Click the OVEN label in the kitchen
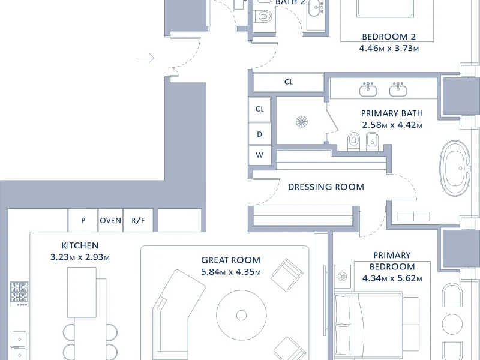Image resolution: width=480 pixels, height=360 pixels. tap(110, 220)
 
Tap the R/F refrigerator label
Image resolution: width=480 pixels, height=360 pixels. tap(138, 220)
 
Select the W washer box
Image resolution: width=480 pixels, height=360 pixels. tap(260, 155)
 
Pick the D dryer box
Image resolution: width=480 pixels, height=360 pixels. tap(260, 134)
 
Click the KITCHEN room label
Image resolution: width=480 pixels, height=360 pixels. tap(80, 245)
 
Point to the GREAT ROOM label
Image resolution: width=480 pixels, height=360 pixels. tap(231, 260)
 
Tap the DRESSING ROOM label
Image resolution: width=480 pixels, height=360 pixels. tap(326, 187)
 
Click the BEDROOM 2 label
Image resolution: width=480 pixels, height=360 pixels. tap(389, 37)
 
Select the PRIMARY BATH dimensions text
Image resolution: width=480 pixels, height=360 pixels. tap(392, 125)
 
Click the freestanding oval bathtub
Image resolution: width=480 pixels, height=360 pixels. tap(455, 169)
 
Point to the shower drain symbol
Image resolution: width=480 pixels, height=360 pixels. tap(302, 122)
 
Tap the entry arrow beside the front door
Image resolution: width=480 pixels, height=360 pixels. tap(145, 58)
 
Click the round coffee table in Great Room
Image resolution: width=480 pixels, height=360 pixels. tap(241, 315)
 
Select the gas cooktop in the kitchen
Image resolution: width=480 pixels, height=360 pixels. tap(19, 294)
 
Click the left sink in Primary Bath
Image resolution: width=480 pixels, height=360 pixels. tap(368, 89)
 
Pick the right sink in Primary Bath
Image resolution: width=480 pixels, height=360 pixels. tap(398, 89)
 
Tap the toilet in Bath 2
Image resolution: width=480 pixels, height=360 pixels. tap(264, 16)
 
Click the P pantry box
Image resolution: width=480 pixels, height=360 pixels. tap(83, 220)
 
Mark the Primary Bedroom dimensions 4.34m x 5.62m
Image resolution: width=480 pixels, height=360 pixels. tap(392, 278)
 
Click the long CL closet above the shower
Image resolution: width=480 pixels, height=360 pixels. tap(289, 82)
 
